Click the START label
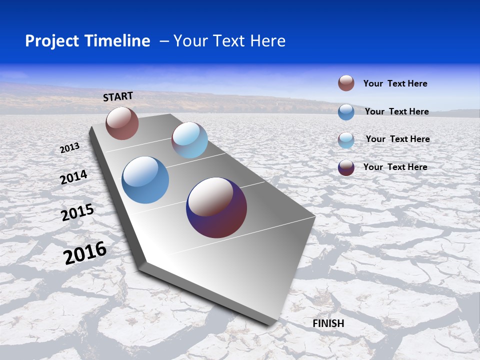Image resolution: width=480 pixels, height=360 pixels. (x=118, y=96)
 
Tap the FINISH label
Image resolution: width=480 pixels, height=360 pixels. (x=328, y=323)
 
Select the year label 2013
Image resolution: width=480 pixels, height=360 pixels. (x=70, y=148)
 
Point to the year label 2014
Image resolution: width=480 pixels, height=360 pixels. (x=74, y=177)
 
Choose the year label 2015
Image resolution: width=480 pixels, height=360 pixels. (x=77, y=212)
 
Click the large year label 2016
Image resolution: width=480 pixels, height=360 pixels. (x=85, y=253)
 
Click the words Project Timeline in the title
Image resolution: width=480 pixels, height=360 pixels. (x=87, y=41)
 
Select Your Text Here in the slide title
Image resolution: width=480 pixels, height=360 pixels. (x=229, y=41)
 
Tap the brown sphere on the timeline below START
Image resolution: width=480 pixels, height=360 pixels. (x=122, y=123)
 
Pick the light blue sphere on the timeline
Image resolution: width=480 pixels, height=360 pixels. (x=189, y=140)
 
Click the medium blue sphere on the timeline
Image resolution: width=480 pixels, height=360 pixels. (x=145, y=180)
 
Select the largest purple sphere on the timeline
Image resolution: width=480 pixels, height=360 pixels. (x=216, y=207)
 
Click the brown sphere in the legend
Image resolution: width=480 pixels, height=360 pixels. (x=346, y=83)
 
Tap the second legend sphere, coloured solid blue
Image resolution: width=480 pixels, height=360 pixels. (x=346, y=112)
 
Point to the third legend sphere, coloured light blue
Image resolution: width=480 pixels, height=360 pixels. (x=346, y=140)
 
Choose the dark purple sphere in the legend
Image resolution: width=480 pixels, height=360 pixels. (x=346, y=167)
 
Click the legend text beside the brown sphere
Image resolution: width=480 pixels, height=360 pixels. (x=395, y=84)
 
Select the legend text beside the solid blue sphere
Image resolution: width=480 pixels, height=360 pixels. (x=396, y=111)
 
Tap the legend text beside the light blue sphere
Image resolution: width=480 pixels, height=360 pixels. (x=397, y=139)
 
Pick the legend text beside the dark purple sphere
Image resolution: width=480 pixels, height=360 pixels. (x=395, y=167)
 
